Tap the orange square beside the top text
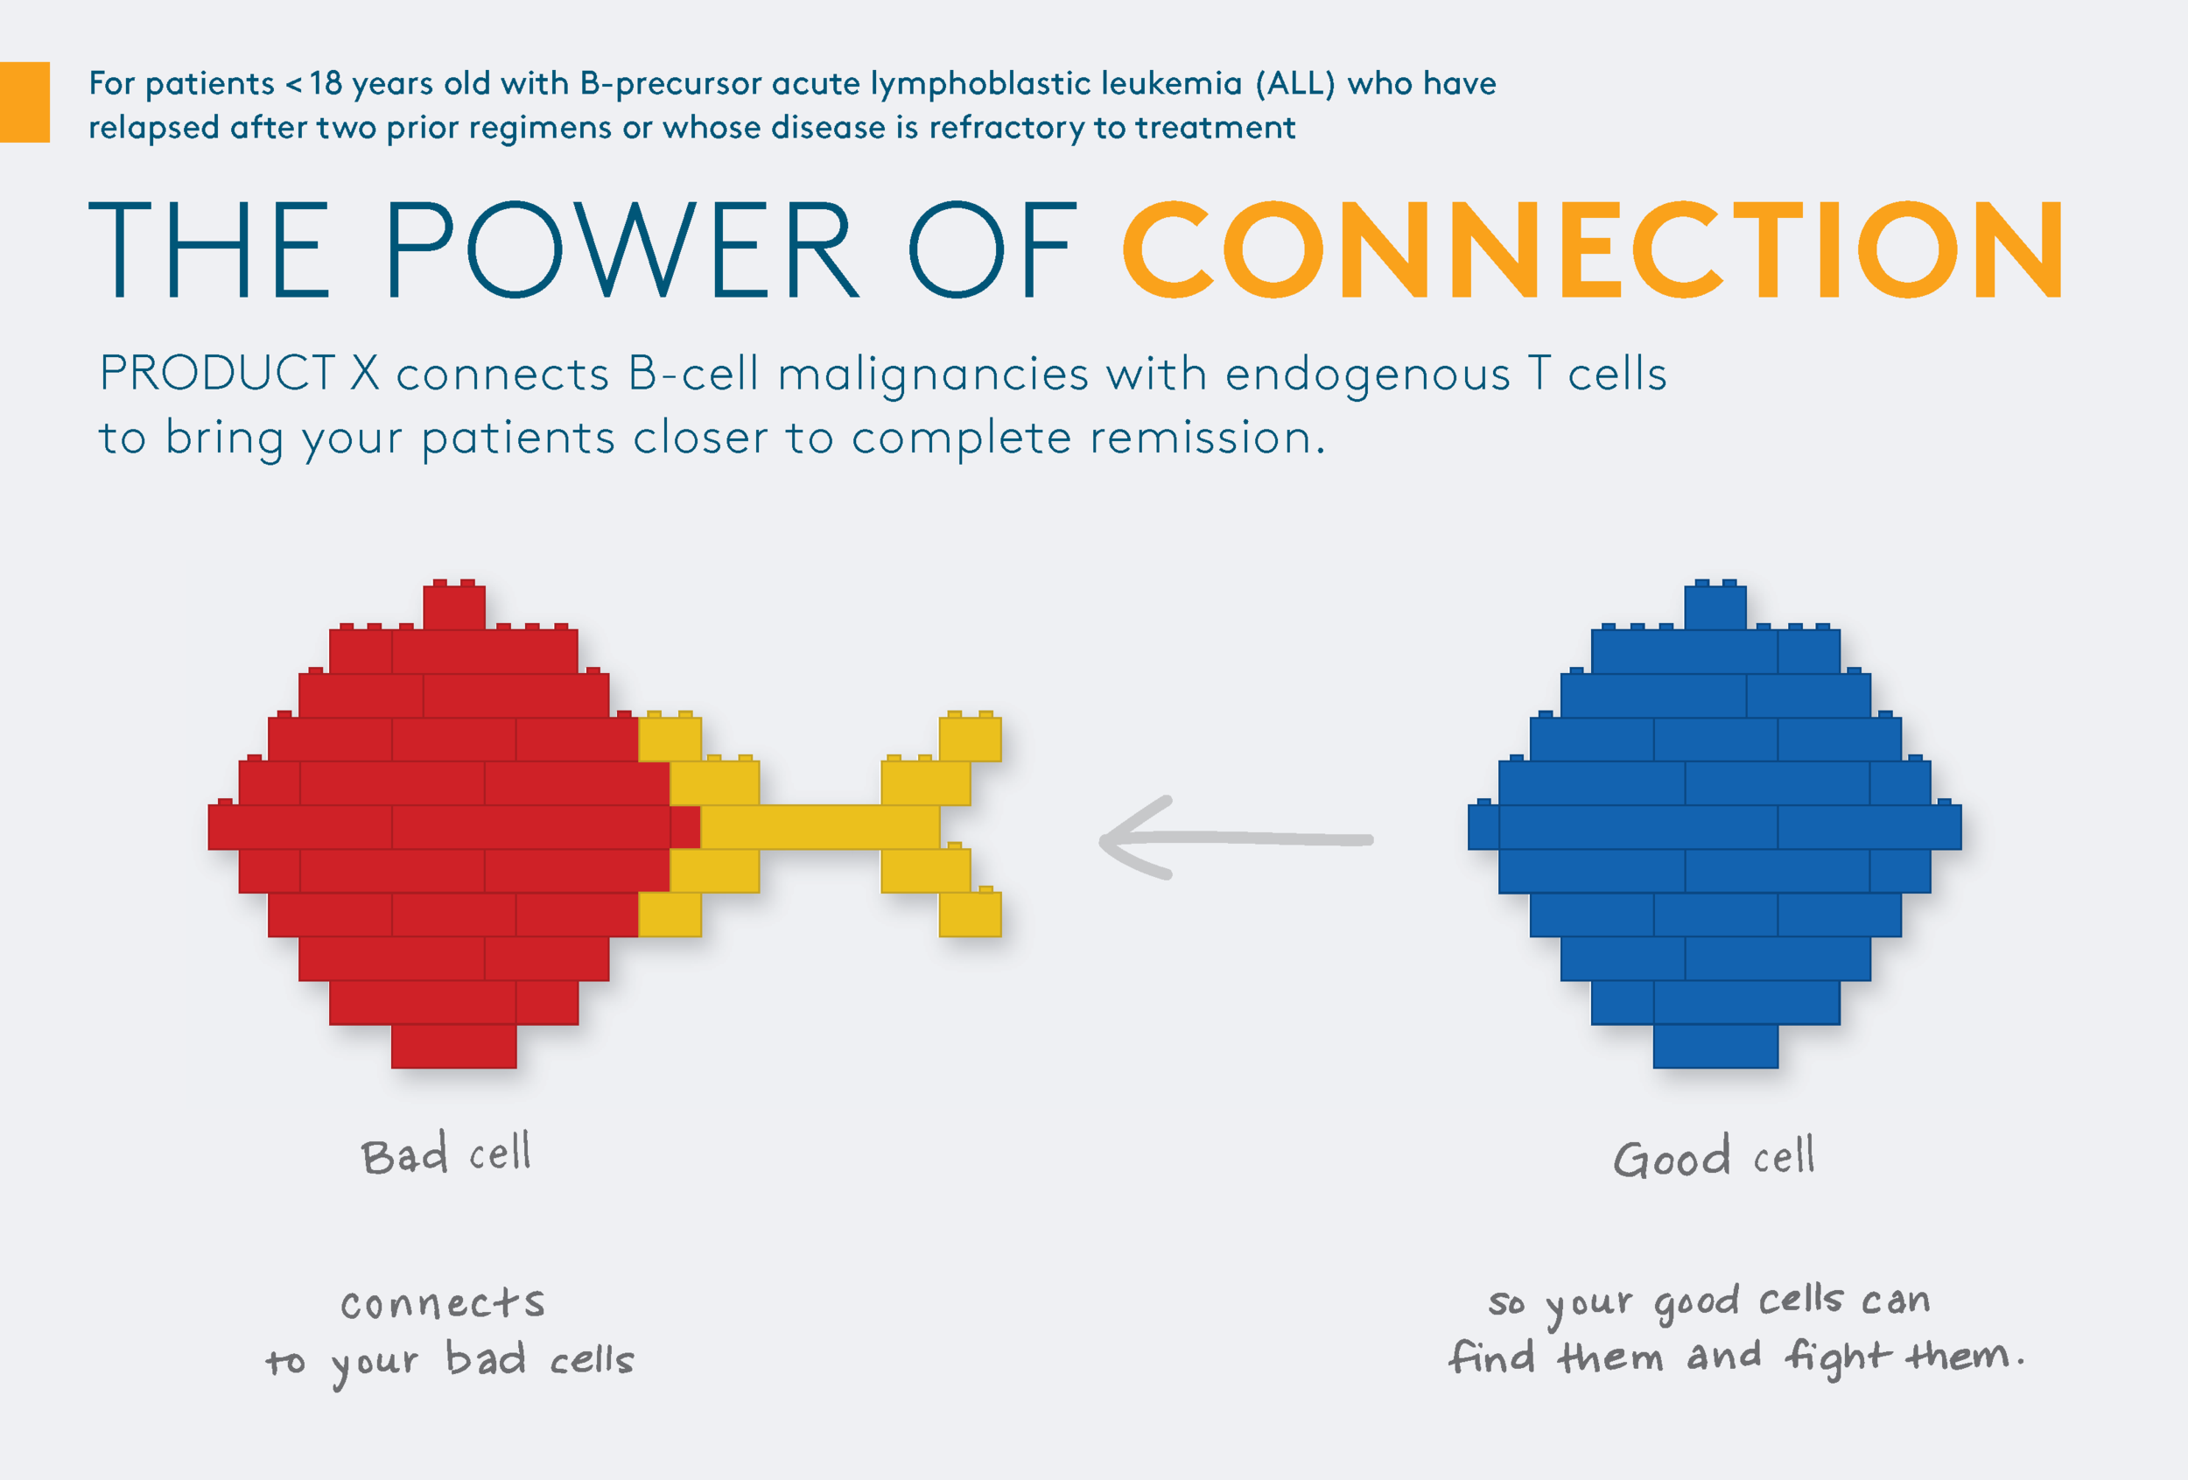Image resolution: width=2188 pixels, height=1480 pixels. pos(24,102)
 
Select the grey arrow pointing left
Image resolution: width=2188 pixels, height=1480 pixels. pos(1235,838)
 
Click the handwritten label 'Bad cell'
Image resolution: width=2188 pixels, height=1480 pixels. pos(446,1154)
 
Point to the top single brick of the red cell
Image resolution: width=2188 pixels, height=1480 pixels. pos(454,607)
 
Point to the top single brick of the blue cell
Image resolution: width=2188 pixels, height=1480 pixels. pos(1715,607)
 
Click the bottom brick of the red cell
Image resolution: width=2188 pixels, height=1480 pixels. pos(454,1046)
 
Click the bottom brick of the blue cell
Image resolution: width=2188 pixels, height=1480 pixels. pos(1715,1046)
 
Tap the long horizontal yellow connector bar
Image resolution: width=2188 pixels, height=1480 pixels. pos(819,826)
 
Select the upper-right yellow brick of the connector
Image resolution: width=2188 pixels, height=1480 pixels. pos(970,738)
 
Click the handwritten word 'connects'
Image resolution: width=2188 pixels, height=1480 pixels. pos(443,1304)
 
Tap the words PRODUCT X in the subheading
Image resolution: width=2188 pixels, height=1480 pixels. pos(239,374)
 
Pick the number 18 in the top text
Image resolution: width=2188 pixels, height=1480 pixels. pos(326,84)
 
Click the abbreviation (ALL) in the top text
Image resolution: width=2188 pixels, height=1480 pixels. pos(1294,84)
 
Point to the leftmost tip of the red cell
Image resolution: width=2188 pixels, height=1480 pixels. pos(215,826)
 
